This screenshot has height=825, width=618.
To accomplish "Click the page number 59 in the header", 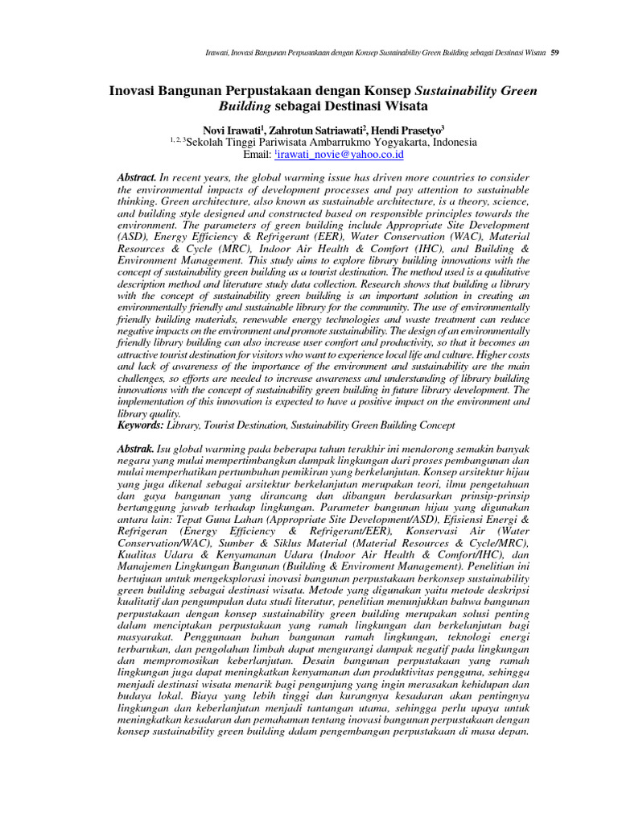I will [555, 53].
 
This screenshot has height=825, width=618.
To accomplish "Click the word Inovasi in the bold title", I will [135, 89].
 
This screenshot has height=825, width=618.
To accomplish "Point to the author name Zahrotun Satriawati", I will [316, 130].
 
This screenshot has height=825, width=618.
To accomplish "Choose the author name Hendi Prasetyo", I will [402, 130].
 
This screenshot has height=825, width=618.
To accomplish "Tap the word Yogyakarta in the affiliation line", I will [385, 142].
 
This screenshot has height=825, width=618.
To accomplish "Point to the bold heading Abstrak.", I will [135, 447].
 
